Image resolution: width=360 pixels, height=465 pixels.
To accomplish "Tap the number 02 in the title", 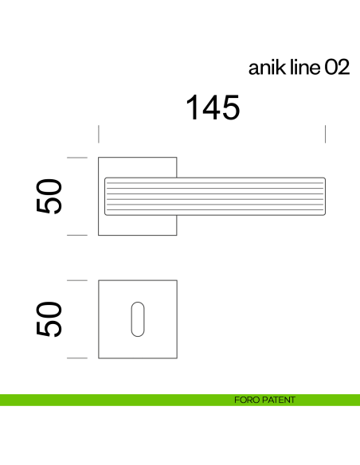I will click(x=336, y=68).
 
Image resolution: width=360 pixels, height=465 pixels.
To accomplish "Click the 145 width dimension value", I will click(x=213, y=107).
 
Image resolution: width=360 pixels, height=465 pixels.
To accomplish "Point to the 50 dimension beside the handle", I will click(x=49, y=196).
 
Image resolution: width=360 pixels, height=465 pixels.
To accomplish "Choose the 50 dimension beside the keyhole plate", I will click(x=49, y=318).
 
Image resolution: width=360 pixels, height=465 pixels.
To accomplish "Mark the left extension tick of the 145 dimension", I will click(x=99, y=134).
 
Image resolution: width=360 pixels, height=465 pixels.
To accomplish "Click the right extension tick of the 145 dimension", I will click(x=326, y=134).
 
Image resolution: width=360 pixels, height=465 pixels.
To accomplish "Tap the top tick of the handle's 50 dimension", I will click(x=76, y=157).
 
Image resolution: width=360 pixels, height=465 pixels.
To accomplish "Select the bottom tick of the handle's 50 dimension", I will click(x=76, y=235).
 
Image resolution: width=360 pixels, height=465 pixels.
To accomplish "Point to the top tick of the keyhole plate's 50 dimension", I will click(x=76, y=280).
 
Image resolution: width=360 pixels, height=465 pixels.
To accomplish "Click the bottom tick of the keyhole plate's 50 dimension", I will click(x=76, y=358).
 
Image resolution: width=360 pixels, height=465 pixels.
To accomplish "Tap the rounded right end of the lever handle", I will click(x=323, y=196).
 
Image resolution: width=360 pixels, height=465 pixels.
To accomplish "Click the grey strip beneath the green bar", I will click(x=180, y=408).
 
